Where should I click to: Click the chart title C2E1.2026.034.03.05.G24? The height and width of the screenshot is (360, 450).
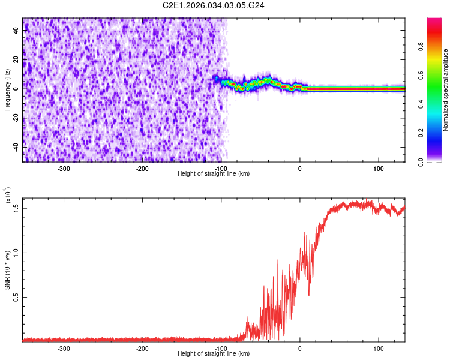click(214, 5)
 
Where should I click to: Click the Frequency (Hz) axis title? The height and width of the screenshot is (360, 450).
click(7, 89)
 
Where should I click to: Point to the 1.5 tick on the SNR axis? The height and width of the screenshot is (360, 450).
click(16, 208)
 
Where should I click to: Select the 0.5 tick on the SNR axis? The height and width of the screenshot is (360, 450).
click(16, 298)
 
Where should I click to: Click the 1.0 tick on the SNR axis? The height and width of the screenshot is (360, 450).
click(16, 253)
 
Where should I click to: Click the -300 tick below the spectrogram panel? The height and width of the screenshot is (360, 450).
click(64, 169)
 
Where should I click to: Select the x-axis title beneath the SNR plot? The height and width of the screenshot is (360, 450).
click(214, 354)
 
